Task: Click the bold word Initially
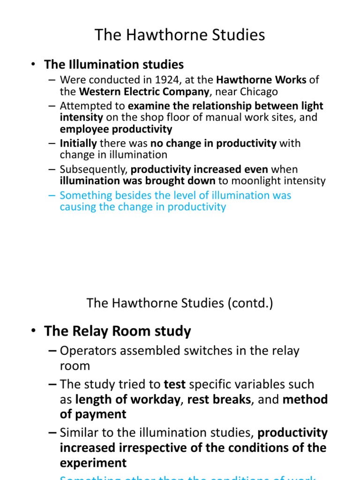pyautogui.click(x=78, y=143)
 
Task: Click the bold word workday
pyautogui.click(x=153, y=399)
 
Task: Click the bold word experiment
pyautogui.click(x=93, y=463)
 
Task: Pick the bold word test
pyautogui.click(x=174, y=384)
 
